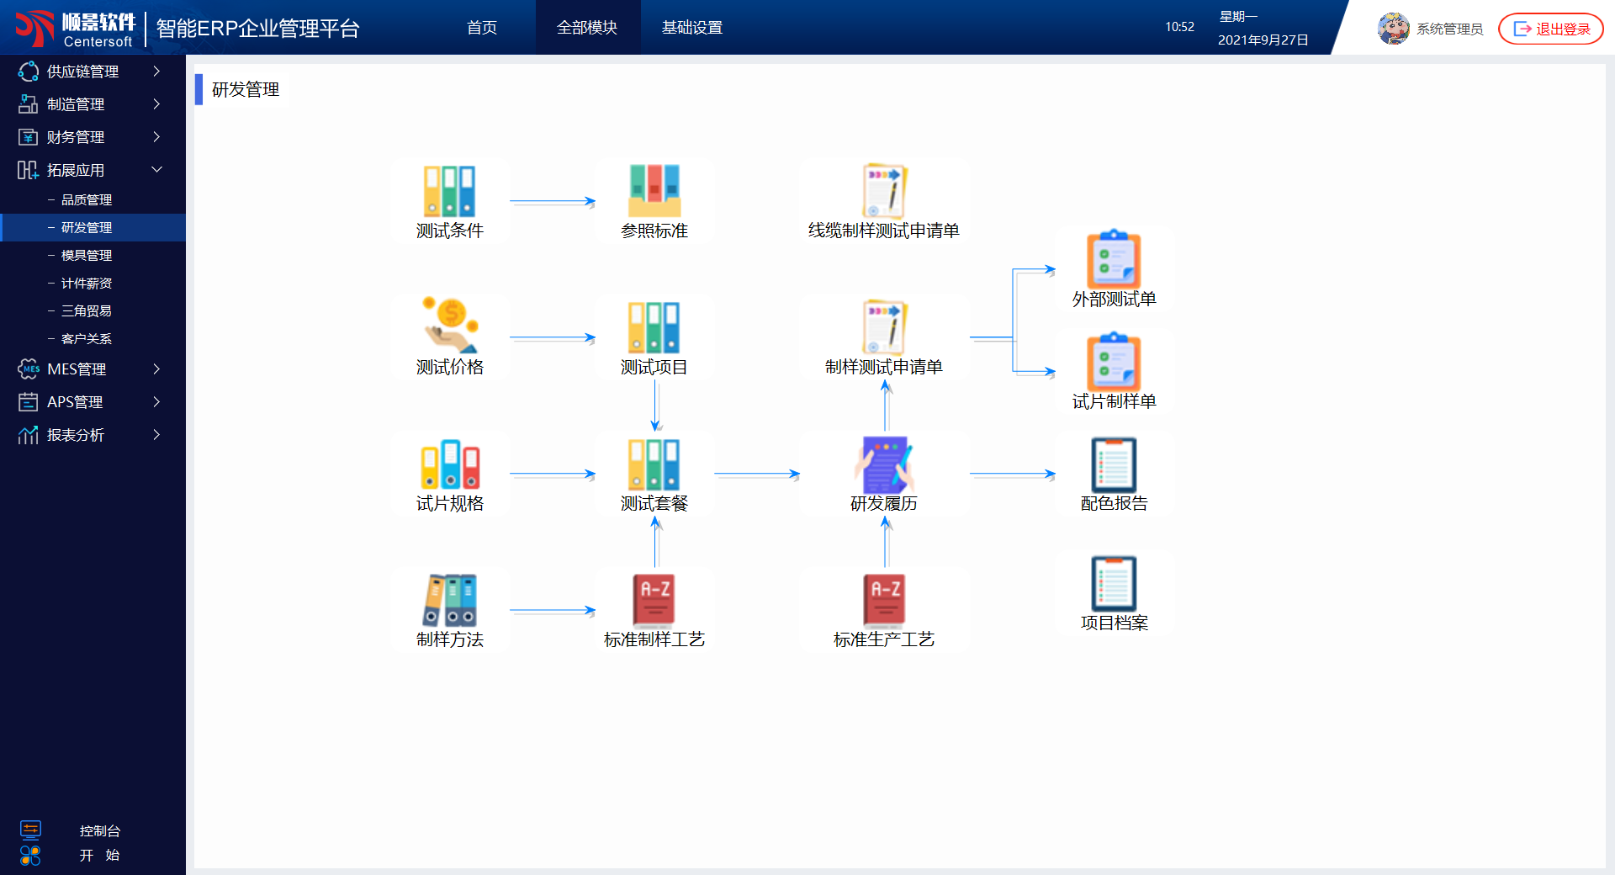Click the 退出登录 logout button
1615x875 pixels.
(x=1551, y=29)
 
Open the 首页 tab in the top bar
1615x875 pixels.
(x=482, y=28)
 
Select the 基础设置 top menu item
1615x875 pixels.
(x=691, y=28)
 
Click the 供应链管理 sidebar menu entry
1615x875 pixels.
(x=82, y=72)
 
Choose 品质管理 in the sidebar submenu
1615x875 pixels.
(x=86, y=200)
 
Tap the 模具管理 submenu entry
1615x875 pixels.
(x=86, y=256)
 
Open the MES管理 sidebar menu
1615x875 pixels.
(x=77, y=369)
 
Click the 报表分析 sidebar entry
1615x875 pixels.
(x=76, y=435)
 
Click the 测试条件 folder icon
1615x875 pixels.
(x=450, y=191)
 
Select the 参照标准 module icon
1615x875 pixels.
(x=654, y=191)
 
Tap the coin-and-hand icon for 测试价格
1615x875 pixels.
(x=450, y=326)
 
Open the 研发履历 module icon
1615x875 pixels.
(x=884, y=464)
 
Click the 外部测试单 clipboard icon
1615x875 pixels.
(x=1114, y=260)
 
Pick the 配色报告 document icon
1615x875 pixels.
(x=1114, y=464)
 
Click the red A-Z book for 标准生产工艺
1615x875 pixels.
(x=884, y=600)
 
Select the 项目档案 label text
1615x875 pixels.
(x=1114, y=623)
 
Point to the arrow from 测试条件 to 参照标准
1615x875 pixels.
(x=552, y=202)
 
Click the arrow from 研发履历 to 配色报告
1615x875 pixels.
(x=1012, y=475)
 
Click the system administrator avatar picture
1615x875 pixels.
(x=1393, y=29)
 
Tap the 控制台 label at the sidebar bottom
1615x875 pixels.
(x=100, y=831)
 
